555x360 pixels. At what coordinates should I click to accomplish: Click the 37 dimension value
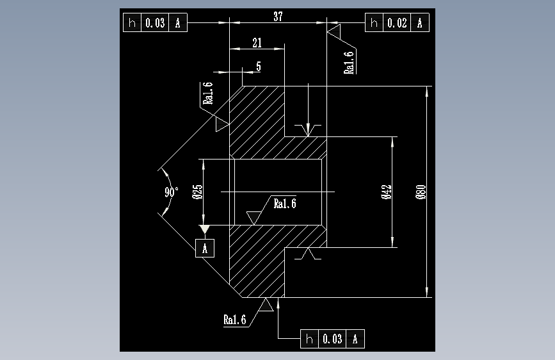(278, 17)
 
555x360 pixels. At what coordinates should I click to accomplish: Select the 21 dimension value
(257, 43)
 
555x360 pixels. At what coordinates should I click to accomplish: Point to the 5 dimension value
(258, 66)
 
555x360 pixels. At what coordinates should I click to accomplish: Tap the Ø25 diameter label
(197, 191)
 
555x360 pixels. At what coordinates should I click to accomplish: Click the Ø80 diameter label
(421, 192)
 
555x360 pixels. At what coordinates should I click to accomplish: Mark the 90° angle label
(171, 192)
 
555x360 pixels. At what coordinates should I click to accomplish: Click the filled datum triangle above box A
(205, 229)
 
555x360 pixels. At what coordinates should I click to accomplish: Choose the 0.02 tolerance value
(397, 24)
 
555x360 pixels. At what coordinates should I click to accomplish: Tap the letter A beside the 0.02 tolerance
(420, 24)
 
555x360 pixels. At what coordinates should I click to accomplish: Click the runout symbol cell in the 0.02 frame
(374, 24)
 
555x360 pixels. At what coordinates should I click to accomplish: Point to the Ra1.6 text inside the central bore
(285, 204)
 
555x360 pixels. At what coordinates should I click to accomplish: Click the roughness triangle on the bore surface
(255, 217)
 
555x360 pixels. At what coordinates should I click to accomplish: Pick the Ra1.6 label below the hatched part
(235, 320)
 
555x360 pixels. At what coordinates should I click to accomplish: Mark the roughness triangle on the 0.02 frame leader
(334, 29)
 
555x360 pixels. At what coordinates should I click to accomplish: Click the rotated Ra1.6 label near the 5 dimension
(207, 93)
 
